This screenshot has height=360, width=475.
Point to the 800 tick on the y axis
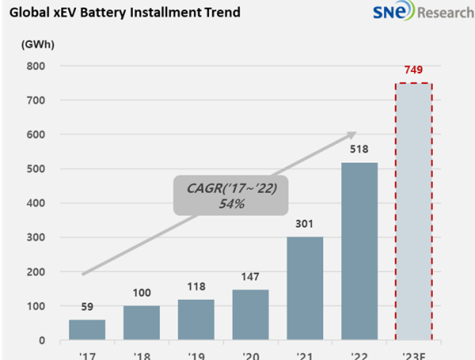(x=36, y=66)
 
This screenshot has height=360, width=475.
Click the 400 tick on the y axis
(x=36, y=203)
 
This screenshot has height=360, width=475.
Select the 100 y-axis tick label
(x=36, y=306)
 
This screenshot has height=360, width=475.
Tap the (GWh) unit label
(x=37, y=44)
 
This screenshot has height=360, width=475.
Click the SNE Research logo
(x=416, y=13)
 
